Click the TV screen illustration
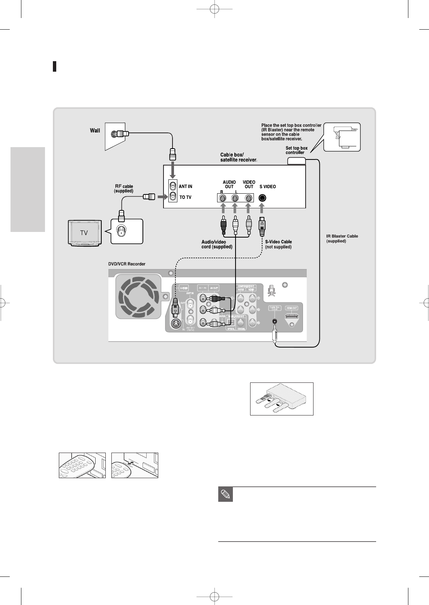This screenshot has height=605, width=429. click(84, 233)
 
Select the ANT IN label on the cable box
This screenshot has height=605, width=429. click(185, 187)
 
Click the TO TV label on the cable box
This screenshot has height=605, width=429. click(185, 197)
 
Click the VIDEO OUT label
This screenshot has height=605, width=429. click(249, 184)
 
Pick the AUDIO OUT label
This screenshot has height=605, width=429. click(229, 184)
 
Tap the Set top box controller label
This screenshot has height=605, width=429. click(296, 150)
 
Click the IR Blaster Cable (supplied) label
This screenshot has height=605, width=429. click(342, 238)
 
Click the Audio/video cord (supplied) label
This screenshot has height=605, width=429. click(217, 244)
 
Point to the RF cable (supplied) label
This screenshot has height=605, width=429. click(124, 188)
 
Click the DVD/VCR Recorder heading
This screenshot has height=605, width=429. click(127, 264)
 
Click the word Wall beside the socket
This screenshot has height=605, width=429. click(95, 131)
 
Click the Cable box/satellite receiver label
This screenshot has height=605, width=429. click(238, 158)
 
